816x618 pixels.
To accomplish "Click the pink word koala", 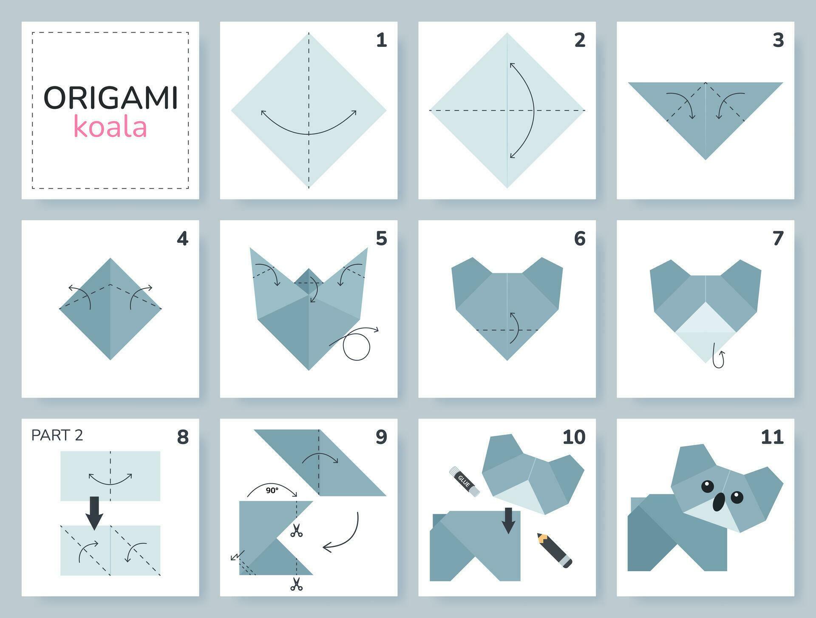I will [110, 126].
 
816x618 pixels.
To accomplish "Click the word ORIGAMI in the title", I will [110, 98].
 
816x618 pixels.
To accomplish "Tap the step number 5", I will [381, 239].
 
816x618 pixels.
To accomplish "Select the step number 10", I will [574, 437].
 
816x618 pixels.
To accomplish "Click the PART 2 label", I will [57, 435].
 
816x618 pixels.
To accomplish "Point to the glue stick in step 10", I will [464, 481].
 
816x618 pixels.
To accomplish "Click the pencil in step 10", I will [554, 550].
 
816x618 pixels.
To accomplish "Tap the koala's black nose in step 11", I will [719, 502].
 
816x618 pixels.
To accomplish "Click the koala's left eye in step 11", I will [707, 486].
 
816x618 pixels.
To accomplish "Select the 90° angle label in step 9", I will [272, 490].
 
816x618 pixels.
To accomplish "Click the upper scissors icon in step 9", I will [296, 530].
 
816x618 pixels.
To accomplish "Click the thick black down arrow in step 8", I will [94, 513].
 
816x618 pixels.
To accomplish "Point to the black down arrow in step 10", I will [508, 520].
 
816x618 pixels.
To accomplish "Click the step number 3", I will [778, 40].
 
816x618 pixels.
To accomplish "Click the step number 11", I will [772, 437].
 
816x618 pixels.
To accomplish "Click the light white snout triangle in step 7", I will [705, 319].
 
